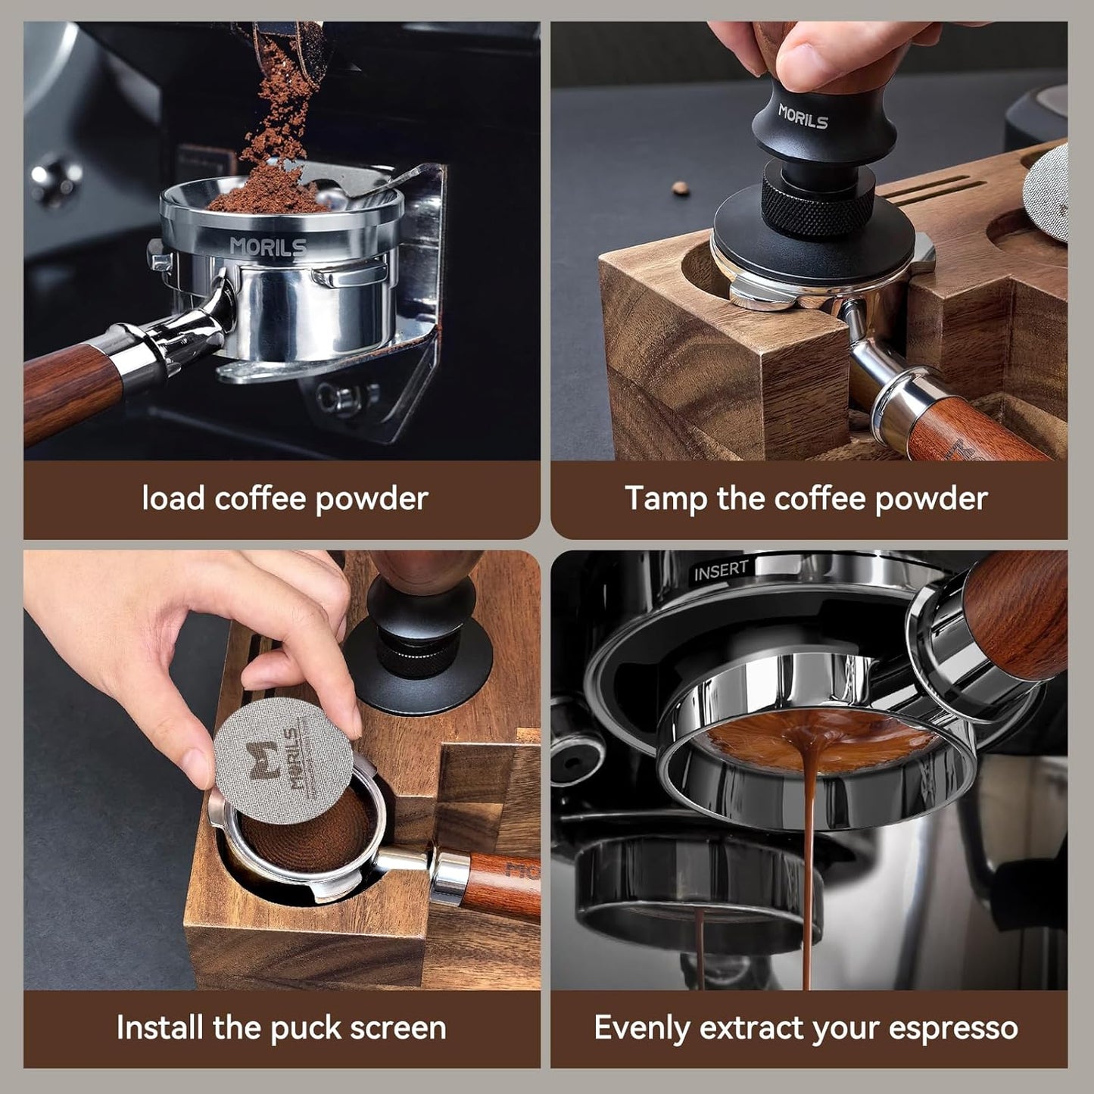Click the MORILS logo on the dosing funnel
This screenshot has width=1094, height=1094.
coord(269,247)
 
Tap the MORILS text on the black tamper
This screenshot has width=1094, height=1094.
coord(803,117)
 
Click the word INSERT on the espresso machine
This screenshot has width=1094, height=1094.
coord(721,570)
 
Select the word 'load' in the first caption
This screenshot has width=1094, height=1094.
coord(174,499)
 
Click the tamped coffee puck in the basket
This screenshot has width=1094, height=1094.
coord(310,833)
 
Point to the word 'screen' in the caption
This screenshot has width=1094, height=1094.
coord(401,1029)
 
